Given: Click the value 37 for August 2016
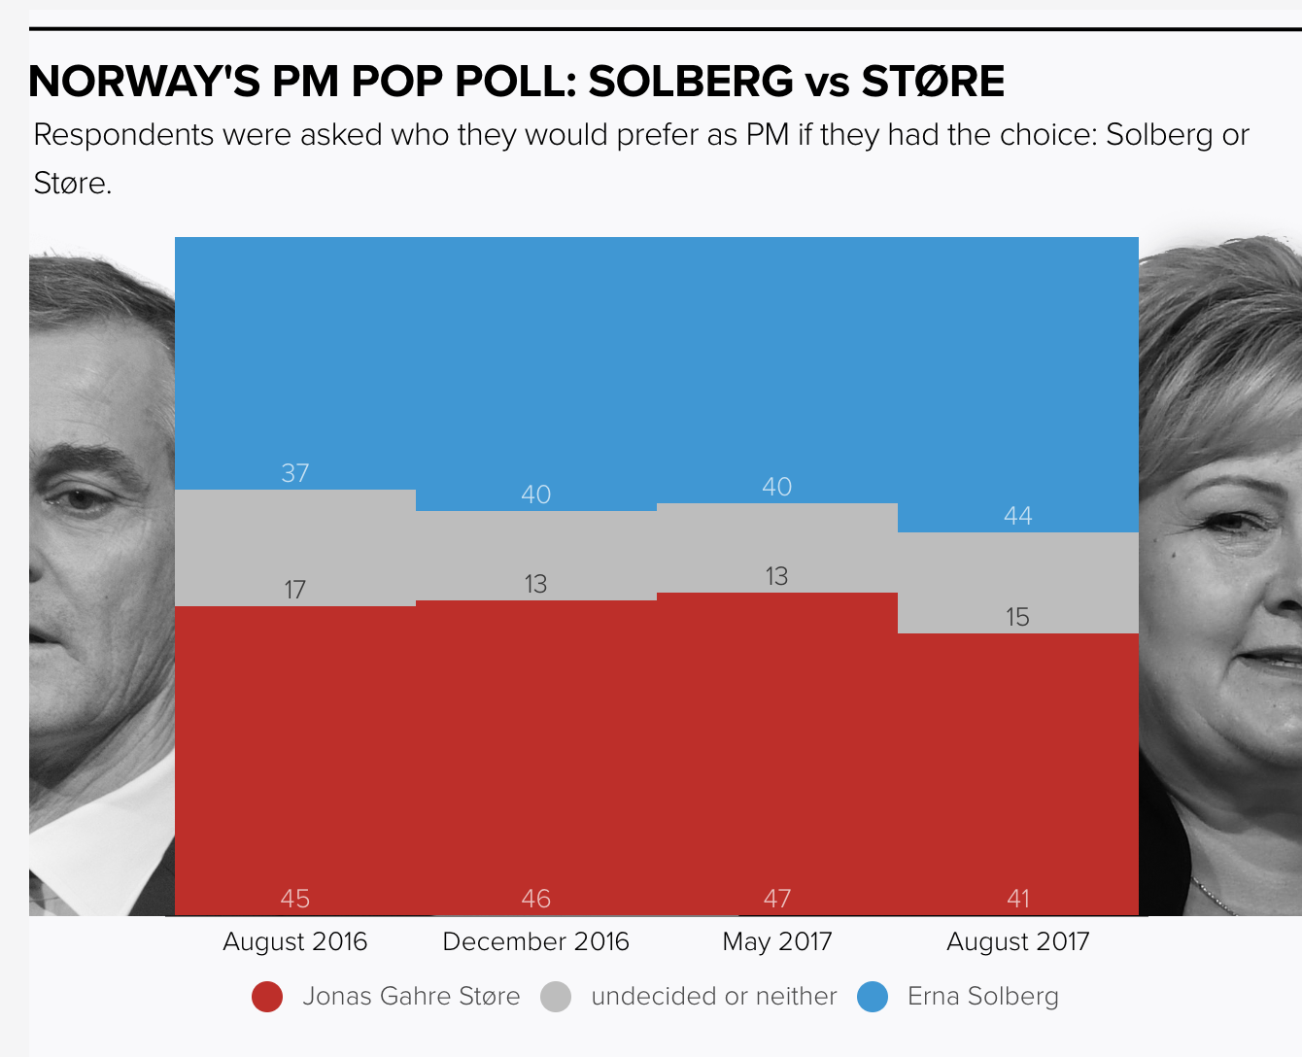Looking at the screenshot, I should [x=295, y=473].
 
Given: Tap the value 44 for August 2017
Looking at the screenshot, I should [x=1017, y=516].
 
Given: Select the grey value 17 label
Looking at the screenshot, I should [x=295, y=590].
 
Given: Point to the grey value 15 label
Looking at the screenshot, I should [x=1017, y=617].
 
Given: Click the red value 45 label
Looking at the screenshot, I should [x=295, y=899].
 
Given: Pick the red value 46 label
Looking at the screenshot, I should [x=536, y=899].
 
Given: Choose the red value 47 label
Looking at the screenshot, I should [x=776, y=899].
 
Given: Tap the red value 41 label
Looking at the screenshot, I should [x=1017, y=899].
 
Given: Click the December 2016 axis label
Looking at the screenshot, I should [x=536, y=941].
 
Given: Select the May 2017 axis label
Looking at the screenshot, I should [x=777, y=941].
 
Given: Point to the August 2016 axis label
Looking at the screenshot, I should [x=295, y=941].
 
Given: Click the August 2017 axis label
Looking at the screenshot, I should [x=1018, y=941].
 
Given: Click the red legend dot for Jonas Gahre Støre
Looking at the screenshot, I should [x=267, y=997].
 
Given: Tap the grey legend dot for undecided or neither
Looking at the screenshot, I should [x=556, y=997].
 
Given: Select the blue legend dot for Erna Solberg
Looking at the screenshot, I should [x=873, y=997].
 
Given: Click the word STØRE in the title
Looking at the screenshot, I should [x=933, y=82].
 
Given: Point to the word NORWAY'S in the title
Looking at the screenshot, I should [x=145, y=82].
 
